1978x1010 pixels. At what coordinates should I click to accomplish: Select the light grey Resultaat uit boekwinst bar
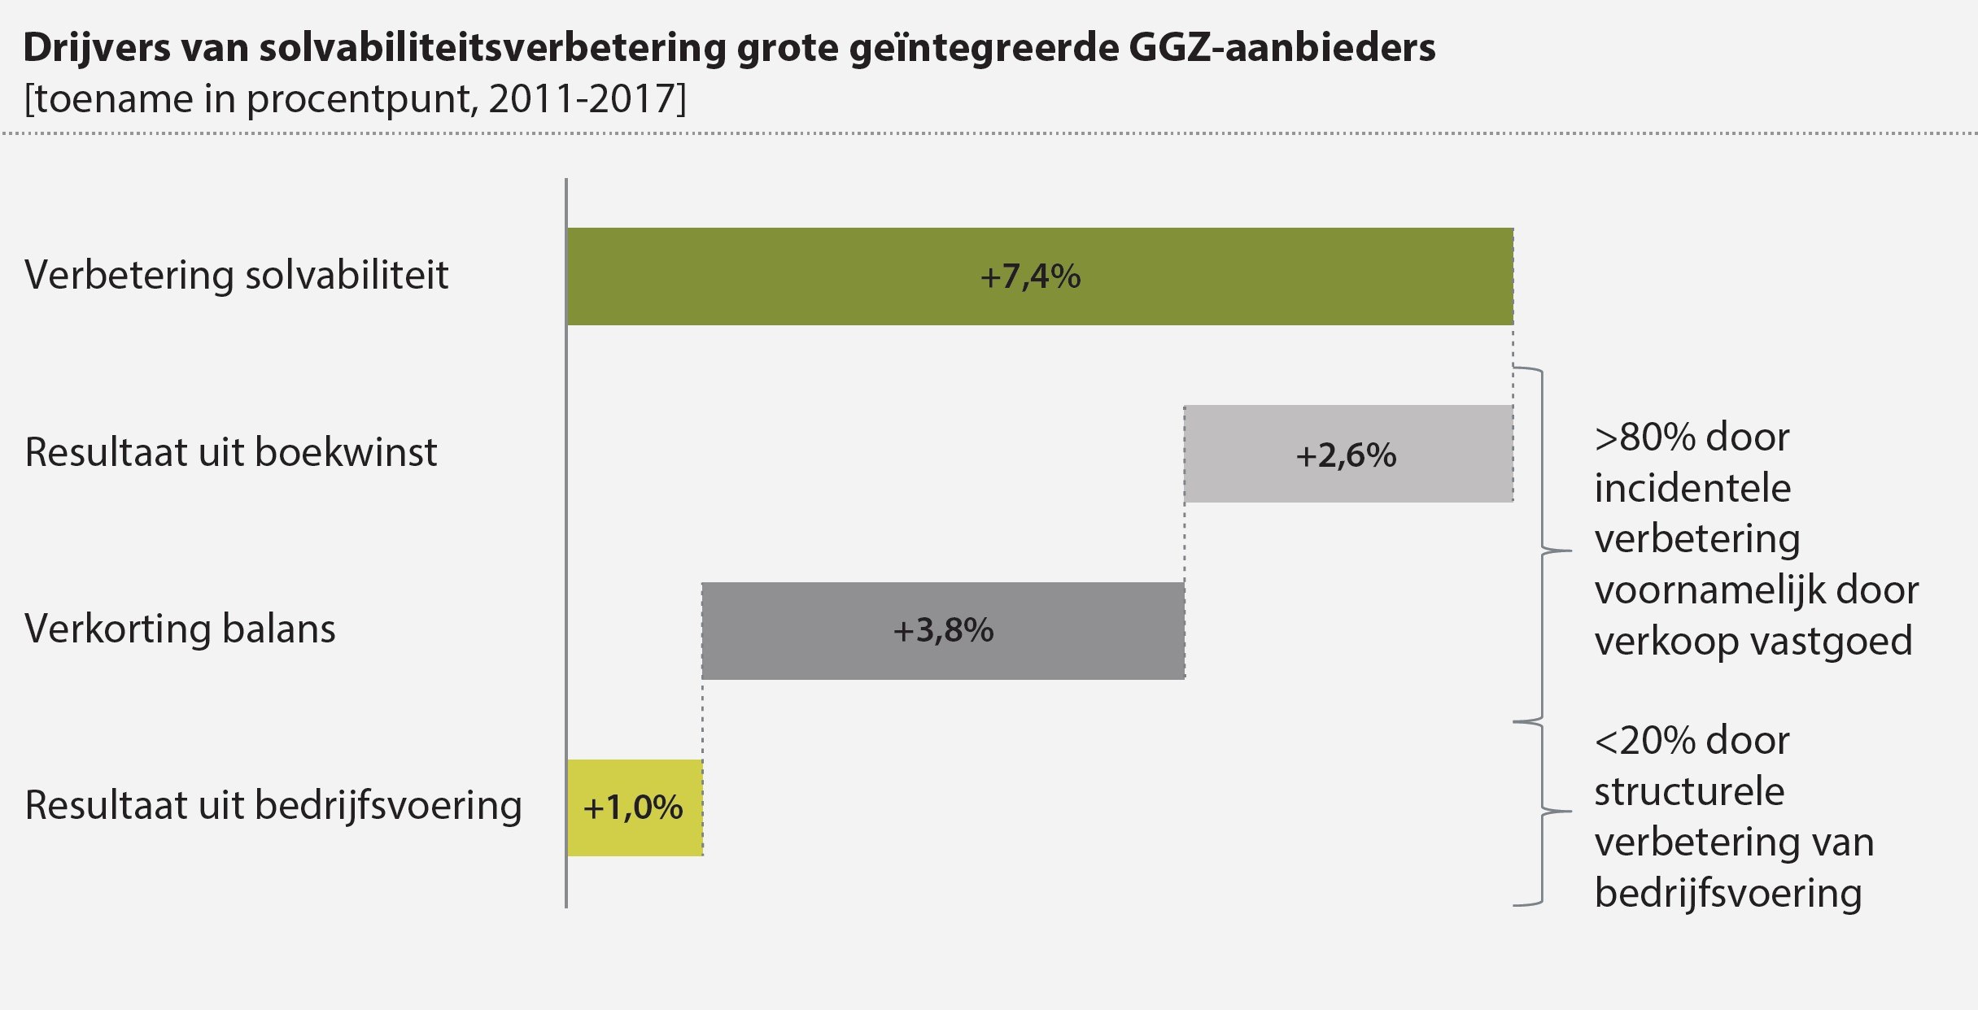pyautogui.click(x=1237, y=454)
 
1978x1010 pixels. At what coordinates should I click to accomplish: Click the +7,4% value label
pyautogui.click(x=1030, y=277)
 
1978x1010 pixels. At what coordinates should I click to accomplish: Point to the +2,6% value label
pyautogui.click(x=1346, y=455)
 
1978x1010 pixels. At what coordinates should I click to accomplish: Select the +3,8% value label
pyautogui.click(x=943, y=631)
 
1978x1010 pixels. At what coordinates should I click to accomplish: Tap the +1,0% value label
pyautogui.click(x=633, y=808)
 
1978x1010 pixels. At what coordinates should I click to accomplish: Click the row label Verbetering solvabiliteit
pyautogui.click(x=236, y=275)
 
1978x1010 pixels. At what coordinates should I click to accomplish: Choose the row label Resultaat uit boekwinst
pyautogui.click(x=231, y=452)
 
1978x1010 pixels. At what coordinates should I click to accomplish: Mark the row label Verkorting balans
pyautogui.click(x=180, y=629)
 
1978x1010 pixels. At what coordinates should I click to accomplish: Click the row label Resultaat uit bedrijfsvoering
pyautogui.click(x=273, y=806)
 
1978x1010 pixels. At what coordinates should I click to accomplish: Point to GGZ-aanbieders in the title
pyautogui.click(x=1282, y=47)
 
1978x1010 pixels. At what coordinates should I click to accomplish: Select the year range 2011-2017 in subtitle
pyautogui.click(x=583, y=99)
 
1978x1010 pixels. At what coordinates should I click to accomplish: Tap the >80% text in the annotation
pyautogui.click(x=1644, y=438)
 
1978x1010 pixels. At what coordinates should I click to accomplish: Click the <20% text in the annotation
pyautogui.click(x=1644, y=741)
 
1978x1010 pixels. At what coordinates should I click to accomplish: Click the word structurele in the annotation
pyautogui.click(x=1689, y=792)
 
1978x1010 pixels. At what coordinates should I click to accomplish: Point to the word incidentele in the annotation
pyautogui.click(x=1692, y=489)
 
